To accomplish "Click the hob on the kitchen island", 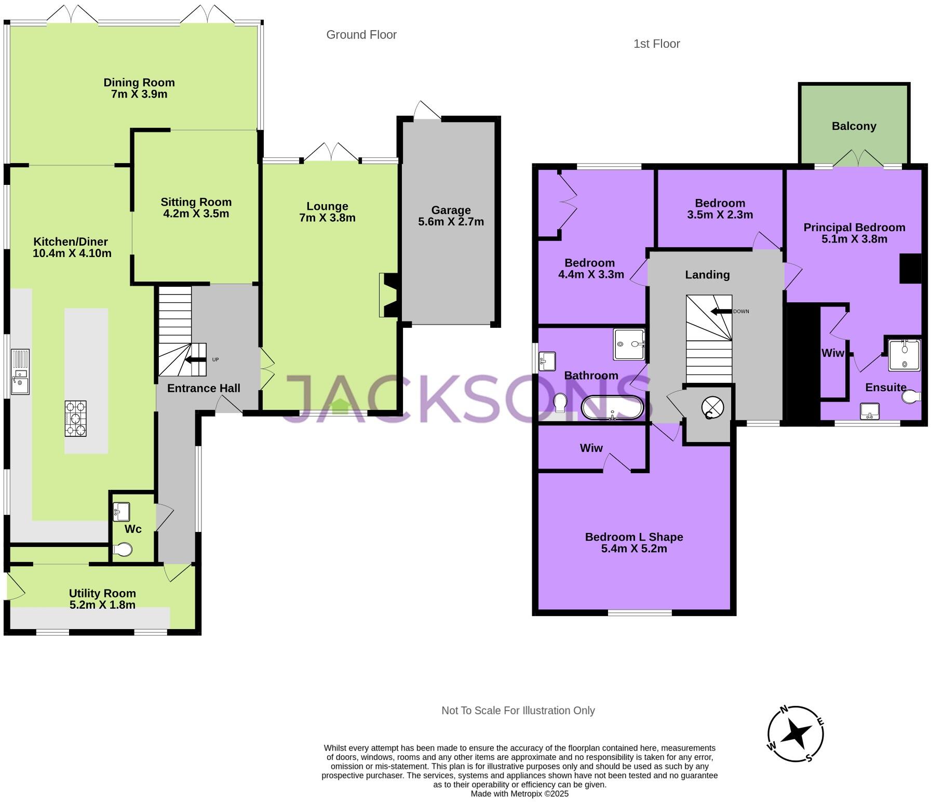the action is click(x=75, y=418).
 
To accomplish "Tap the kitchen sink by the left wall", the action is click(x=20, y=372).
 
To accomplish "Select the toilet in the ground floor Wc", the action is click(x=122, y=550).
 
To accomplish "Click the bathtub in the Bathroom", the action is click(x=613, y=407).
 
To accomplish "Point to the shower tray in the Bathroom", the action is click(x=629, y=344).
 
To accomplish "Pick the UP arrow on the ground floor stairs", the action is click(x=195, y=359).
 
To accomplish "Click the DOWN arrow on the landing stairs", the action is click(x=721, y=312).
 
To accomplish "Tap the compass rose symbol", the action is click(x=795, y=733).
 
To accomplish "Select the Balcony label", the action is click(x=854, y=126).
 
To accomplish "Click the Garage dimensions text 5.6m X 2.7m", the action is click(x=451, y=222).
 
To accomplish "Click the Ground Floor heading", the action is click(x=361, y=35).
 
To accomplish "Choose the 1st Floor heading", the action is click(x=656, y=44).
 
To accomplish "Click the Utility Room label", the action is click(x=102, y=593).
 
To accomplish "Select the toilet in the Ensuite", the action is click(x=911, y=397).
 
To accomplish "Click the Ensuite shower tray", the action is click(x=904, y=355).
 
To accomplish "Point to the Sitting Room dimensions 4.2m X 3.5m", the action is click(x=196, y=213).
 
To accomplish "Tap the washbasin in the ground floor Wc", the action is click(x=122, y=512).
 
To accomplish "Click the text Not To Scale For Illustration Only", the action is click(x=518, y=711).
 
